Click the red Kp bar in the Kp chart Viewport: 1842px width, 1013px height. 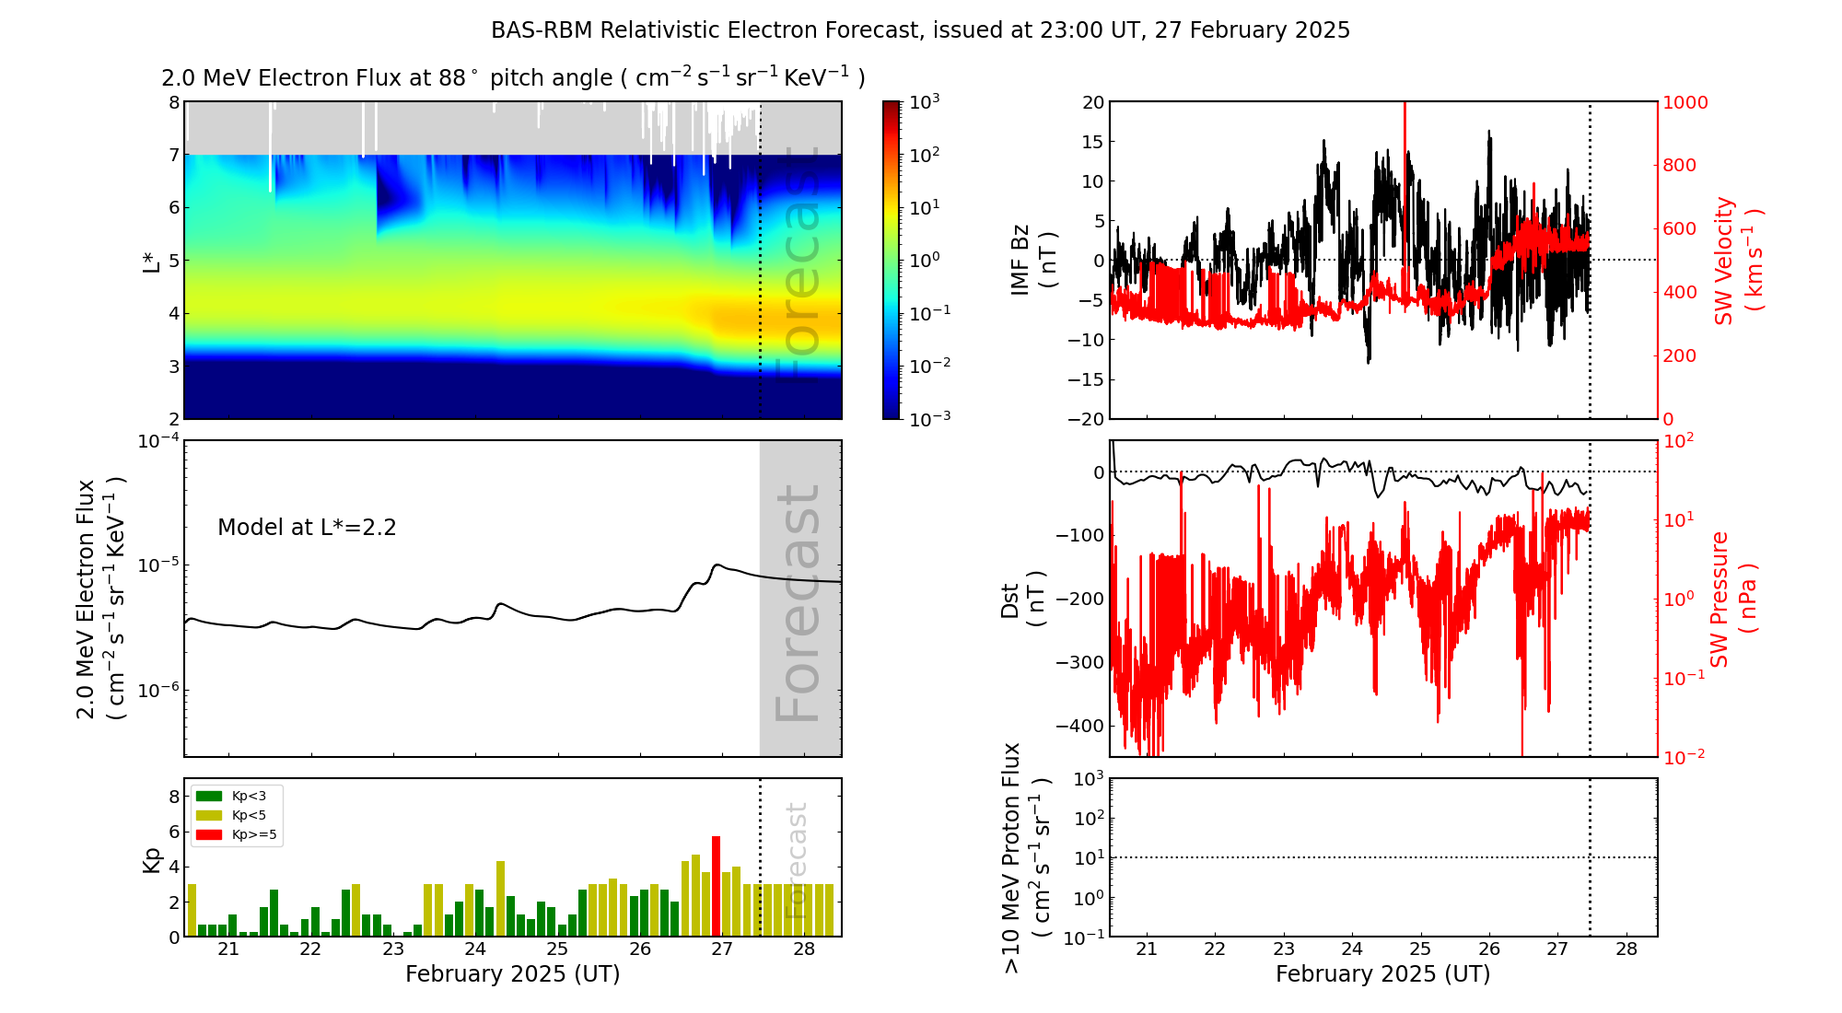click(716, 886)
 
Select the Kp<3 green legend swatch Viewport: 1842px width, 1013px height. click(209, 796)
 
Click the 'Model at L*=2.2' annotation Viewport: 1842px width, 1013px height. click(307, 528)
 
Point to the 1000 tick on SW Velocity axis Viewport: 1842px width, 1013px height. click(1685, 102)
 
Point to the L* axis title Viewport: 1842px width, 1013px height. click(152, 260)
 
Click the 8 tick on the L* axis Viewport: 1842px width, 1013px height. click(173, 102)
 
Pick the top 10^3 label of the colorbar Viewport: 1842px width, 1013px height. click(924, 101)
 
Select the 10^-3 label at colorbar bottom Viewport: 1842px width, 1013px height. click(929, 418)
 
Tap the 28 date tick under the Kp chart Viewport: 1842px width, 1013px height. click(804, 949)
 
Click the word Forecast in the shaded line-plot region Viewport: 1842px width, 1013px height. click(798, 603)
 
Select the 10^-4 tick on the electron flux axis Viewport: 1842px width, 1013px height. click(158, 441)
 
